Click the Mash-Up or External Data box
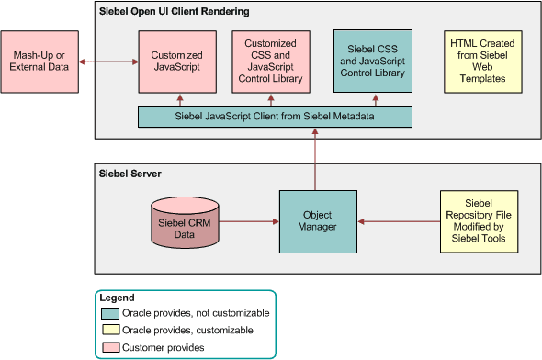[40, 62]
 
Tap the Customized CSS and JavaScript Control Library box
[270, 62]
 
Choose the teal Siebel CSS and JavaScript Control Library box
[372, 60]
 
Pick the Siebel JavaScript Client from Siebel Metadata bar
[275, 117]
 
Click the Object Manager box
[315, 221]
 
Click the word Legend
[117, 298]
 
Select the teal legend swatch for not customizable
[110, 313]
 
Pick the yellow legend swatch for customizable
[110, 330]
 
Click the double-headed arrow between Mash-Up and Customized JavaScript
[108, 62]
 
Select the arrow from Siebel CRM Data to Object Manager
[249, 221]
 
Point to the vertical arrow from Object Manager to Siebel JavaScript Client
[315, 157]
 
